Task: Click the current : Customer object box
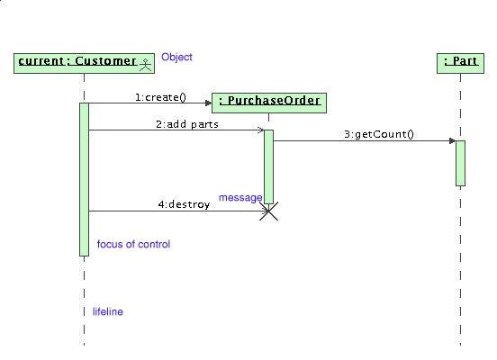84,63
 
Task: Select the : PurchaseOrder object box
269,103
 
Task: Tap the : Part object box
461,63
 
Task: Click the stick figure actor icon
146,65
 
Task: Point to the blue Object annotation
176,57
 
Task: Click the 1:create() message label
160,97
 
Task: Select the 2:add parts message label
187,124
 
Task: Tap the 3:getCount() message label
379,134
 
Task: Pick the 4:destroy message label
184,204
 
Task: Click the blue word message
240,198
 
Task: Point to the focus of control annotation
133,244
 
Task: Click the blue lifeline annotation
108,311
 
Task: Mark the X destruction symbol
269,211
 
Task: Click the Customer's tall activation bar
84,179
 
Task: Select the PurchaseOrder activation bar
269,166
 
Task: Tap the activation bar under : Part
461,163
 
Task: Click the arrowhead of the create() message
208,103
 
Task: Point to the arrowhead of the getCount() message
453,141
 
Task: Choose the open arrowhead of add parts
260,130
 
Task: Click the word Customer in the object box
106,61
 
